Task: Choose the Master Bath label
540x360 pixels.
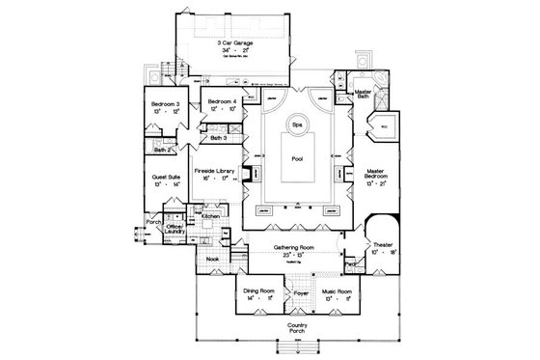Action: coord(364,95)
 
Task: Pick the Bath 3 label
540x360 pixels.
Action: coord(219,140)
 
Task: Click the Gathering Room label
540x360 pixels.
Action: coord(297,247)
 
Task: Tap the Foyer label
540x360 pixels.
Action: coord(301,291)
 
